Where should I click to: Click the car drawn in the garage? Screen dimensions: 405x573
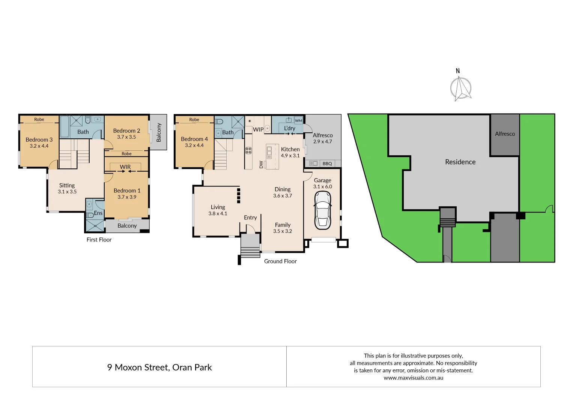(322, 210)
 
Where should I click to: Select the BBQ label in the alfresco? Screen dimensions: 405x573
(327, 163)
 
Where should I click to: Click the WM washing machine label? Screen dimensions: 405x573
(298, 120)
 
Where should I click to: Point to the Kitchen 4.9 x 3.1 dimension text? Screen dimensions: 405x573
(290, 156)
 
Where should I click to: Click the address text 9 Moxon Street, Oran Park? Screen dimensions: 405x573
(159, 367)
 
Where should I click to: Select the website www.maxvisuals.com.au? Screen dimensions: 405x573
(413, 378)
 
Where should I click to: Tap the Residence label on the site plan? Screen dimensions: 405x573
(460, 162)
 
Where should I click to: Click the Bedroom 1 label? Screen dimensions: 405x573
(127, 190)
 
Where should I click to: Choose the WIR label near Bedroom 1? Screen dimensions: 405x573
(125, 167)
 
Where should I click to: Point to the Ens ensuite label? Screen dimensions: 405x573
(98, 213)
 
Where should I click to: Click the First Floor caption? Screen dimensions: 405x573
(99, 240)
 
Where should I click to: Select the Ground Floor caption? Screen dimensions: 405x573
(280, 261)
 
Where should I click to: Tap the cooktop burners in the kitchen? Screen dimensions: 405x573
(248, 151)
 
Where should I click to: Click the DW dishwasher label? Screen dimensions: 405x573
(261, 164)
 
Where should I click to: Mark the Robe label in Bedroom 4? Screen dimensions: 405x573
(194, 120)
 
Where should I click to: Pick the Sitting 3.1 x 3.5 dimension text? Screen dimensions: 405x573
(67, 192)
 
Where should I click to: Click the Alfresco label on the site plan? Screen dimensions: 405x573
(505, 134)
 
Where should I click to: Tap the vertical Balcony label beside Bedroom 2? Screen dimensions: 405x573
(159, 132)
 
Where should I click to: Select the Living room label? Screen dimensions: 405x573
(218, 207)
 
